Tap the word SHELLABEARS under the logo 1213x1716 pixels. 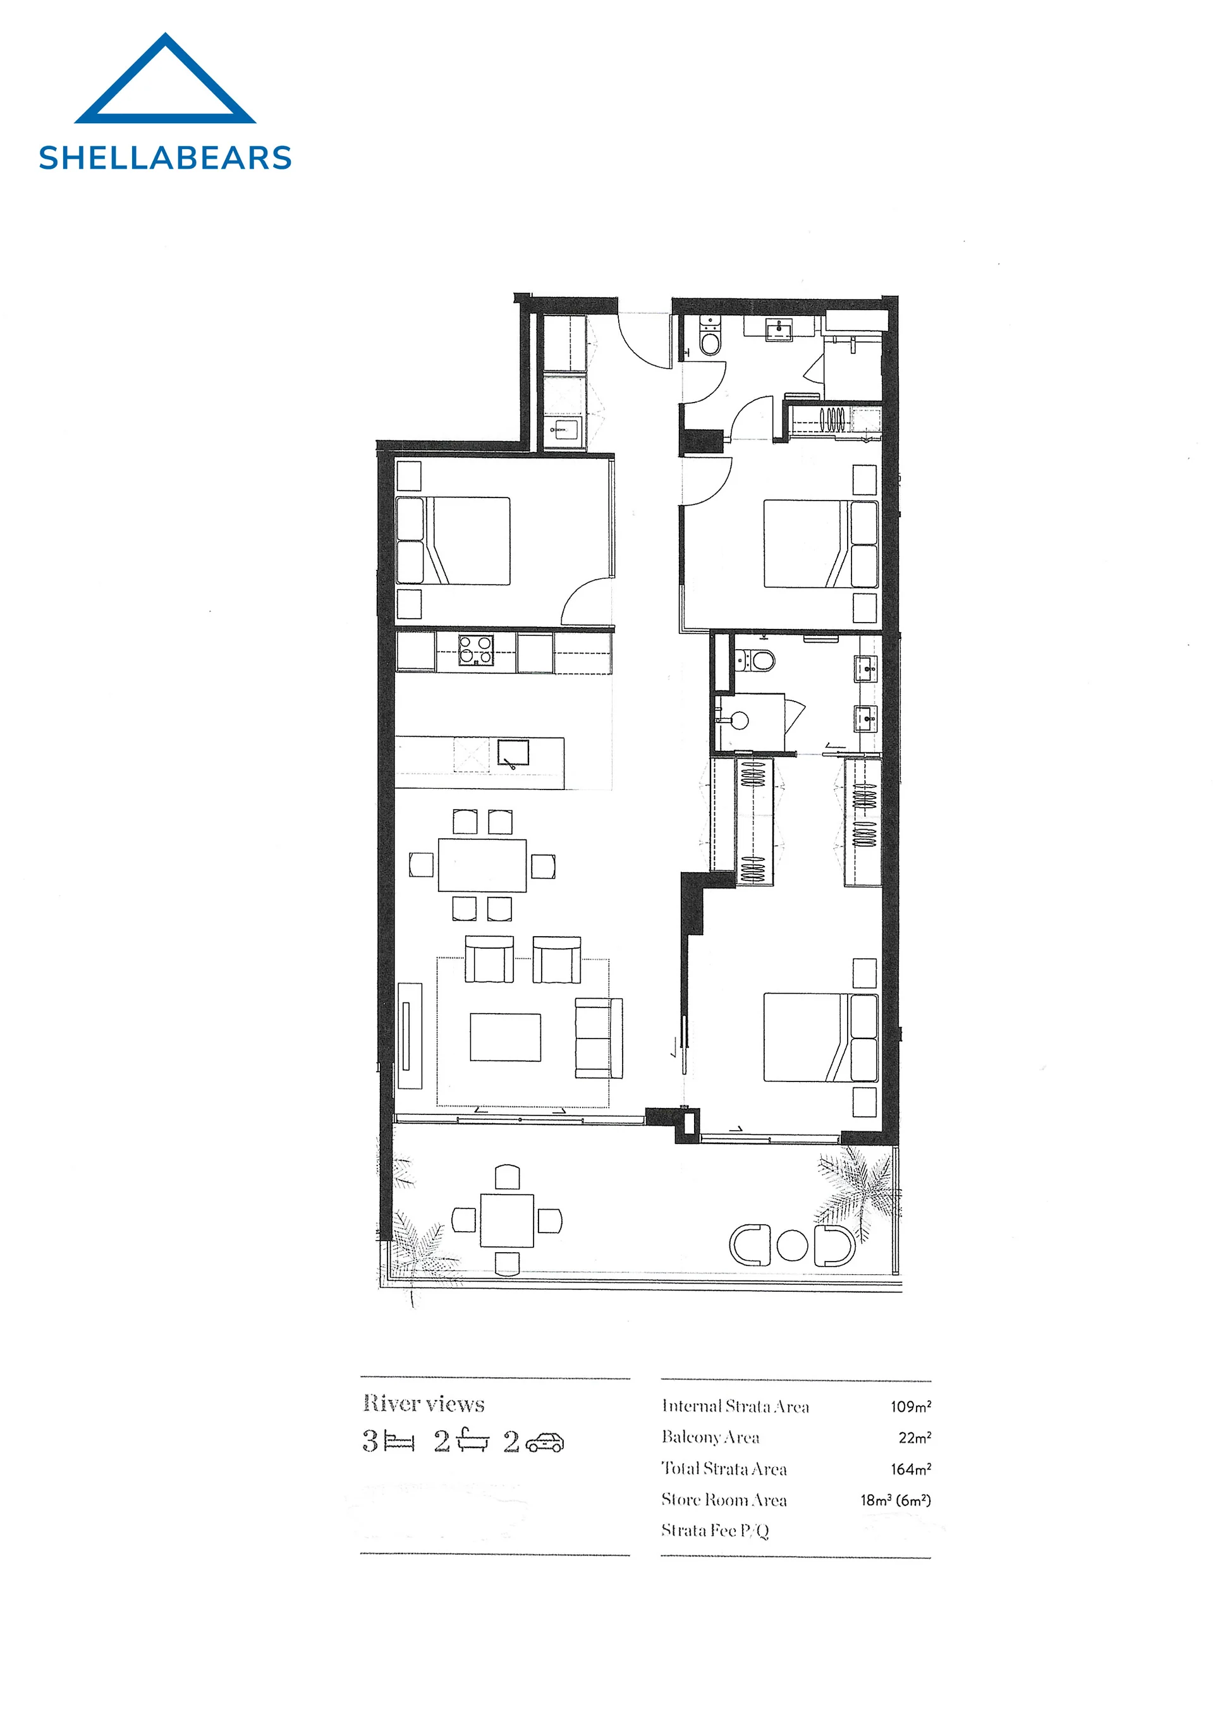[165, 159]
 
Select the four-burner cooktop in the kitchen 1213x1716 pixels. [476, 650]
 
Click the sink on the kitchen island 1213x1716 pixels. [513, 753]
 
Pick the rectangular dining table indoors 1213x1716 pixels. [482, 865]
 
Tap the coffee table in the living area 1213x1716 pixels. [505, 1037]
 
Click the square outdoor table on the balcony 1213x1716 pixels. [508, 1221]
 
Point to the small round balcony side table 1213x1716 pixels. [792, 1245]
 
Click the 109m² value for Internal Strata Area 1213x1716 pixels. [910, 1406]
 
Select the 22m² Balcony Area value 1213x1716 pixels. [915, 1437]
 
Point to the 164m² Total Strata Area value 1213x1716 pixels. [910, 1469]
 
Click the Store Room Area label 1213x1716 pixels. [724, 1499]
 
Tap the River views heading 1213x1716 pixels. [424, 1404]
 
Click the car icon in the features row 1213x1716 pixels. [545, 1442]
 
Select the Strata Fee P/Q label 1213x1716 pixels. [716, 1531]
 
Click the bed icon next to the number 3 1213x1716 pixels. [398, 1442]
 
